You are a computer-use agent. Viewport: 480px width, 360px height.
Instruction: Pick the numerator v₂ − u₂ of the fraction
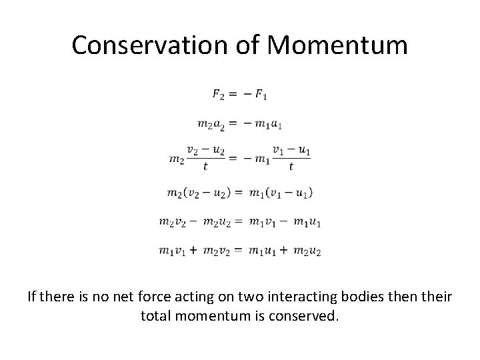tap(205, 152)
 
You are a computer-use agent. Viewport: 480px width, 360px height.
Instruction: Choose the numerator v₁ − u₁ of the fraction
tap(291, 152)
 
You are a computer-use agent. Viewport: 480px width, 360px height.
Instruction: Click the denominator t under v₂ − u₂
tap(205, 167)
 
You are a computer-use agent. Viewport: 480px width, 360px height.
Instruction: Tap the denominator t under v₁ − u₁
tap(291, 167)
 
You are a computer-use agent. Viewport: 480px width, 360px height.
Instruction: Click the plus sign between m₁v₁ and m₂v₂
tap(192, 251)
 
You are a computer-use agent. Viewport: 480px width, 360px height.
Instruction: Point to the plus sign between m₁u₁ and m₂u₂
tap(283, 251)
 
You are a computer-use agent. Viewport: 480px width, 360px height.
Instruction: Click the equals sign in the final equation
tap(237, 251)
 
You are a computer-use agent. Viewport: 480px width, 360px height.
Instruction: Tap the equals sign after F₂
tap(234, 95)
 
